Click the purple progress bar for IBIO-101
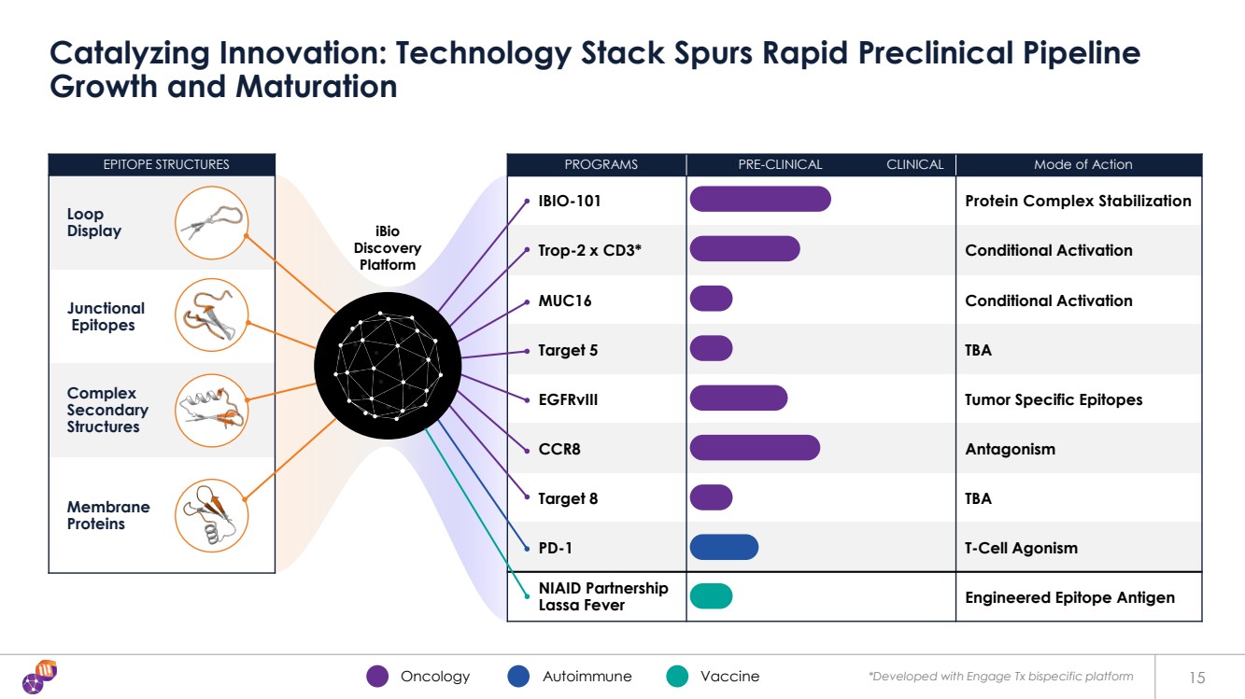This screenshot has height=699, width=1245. (759, 199)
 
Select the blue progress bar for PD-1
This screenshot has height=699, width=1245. (724, 547)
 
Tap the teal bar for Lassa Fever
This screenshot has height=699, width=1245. (711, 596)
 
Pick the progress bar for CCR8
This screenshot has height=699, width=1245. (755, 448)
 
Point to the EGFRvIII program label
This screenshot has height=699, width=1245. (568, 399)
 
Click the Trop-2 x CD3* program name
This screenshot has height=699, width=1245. (589, 250)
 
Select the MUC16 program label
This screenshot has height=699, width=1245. (564, 301)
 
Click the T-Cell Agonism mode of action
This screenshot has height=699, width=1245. (1021, 548)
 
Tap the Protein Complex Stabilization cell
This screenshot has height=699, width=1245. (1078, 201)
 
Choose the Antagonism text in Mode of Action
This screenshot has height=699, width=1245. (1010, 449)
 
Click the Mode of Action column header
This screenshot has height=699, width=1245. (1082, 164)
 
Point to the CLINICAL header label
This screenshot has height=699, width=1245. (914, 164)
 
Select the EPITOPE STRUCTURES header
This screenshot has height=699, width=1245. (165, 164)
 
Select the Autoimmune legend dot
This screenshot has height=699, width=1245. (518, 677)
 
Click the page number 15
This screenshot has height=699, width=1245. (1198, 677)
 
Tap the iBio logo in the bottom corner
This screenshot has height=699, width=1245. (40, 676)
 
